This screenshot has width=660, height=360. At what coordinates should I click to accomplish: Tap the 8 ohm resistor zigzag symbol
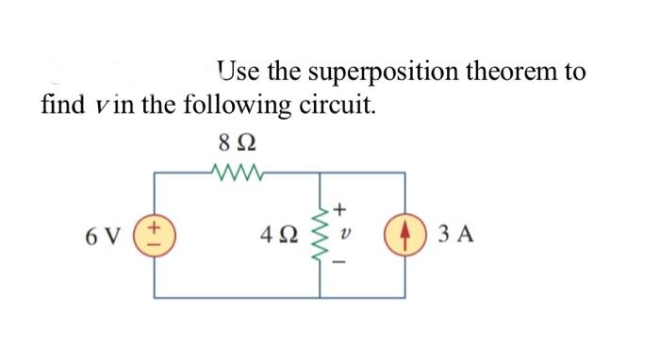coord(236,172)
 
